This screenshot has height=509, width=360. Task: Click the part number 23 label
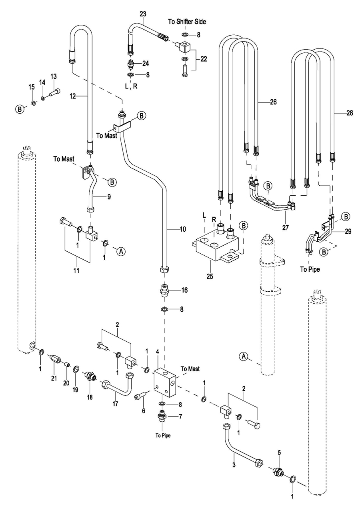coord(143,14)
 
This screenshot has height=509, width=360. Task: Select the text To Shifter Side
coord(188,22)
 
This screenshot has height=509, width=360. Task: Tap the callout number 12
coord(72,96)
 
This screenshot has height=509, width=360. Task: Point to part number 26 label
coord(273,102)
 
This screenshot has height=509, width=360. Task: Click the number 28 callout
coord(350,113)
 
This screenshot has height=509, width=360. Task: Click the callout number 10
coord(182,229)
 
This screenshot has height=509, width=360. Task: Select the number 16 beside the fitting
coord(184,289)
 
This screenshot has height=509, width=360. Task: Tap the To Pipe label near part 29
coord(310,269)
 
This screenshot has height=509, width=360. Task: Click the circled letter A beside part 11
coord(121,251)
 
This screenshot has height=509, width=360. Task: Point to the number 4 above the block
coord(158,352)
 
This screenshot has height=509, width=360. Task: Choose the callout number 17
coord(115,404)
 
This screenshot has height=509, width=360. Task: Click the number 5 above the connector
coord(279,453)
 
